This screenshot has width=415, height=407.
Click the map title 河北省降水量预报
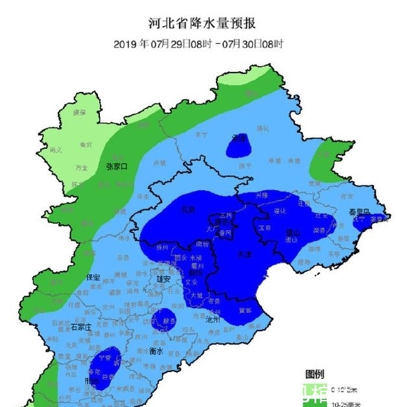(x=202, y=24)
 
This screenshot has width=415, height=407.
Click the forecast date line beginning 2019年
(x=198, y=44)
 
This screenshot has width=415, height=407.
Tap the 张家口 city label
(x=117, y=166)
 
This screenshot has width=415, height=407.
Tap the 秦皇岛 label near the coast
(x=358, y=212)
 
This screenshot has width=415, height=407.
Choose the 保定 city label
(x=93, y=277)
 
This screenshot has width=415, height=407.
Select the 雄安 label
(x=163, y=279)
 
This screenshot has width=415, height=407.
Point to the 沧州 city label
(x=213, y=320)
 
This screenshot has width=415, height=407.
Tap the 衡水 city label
(x=156, y=352)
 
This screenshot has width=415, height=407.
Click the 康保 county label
(x=79, y=112)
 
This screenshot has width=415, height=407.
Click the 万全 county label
(x=81, y=167)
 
